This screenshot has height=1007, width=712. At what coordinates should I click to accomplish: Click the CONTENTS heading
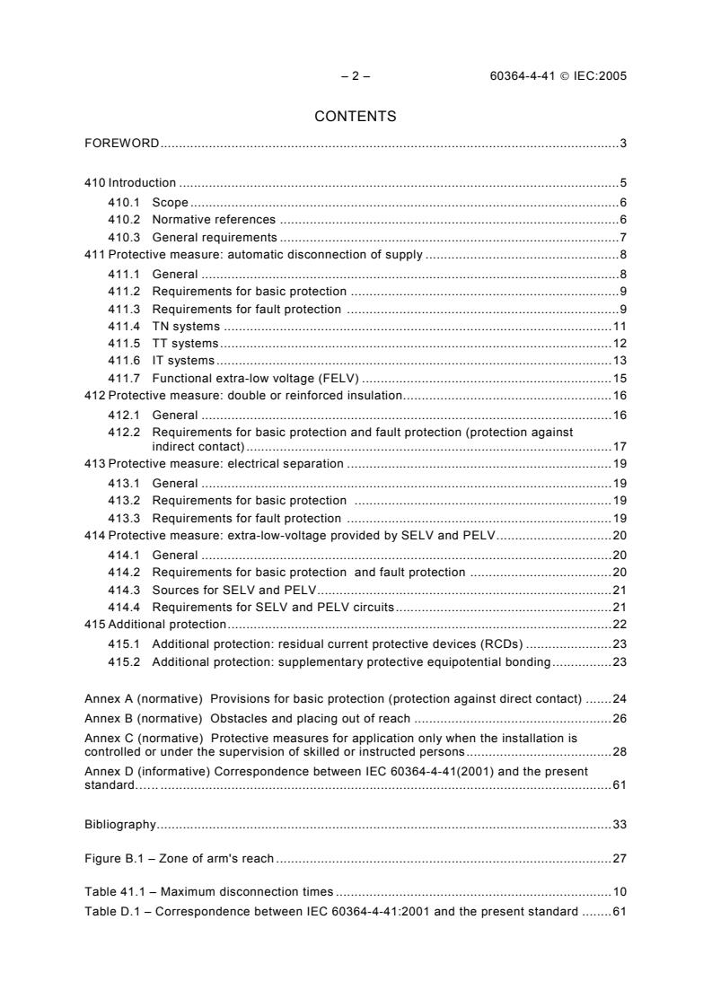click(x=356, y=116)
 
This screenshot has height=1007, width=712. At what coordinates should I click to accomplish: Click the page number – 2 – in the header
click(x=356, y=76)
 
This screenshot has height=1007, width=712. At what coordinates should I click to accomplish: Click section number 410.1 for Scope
click(x=123, y=203)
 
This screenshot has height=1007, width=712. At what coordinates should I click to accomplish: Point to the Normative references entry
click(x=214, y=220)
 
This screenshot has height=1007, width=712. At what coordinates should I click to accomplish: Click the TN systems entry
click(x=186, y=326)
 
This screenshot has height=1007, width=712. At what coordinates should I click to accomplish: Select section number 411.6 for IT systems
click(x=123, y=361)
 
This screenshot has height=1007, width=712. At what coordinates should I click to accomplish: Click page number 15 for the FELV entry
click(x=619, y=378)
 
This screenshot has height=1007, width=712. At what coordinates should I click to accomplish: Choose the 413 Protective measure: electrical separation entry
click(x=214, y=465)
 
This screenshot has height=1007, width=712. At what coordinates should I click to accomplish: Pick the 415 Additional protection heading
click(x=154, y=624)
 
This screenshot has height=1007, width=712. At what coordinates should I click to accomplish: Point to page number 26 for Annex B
click(x=619, y=718)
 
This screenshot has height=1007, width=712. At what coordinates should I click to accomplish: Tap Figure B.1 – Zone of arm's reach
click(x=179, y=859)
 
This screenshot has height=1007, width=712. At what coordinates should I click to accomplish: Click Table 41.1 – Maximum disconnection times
click(x=208, y=892)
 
